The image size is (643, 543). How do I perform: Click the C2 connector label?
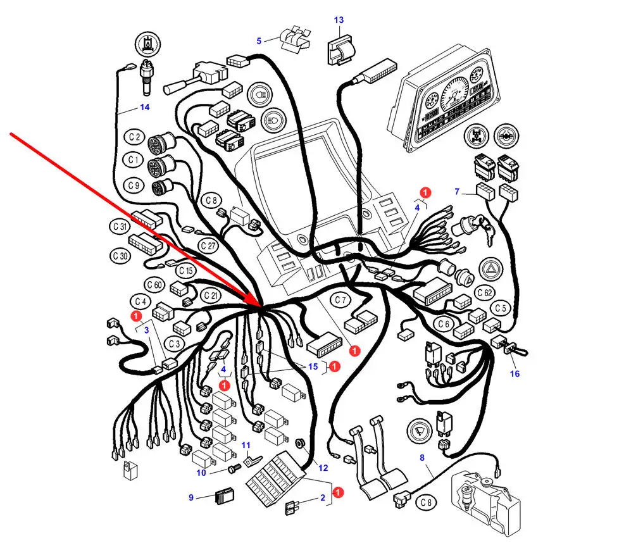pos(134,137)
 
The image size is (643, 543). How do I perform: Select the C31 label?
pos(120,226)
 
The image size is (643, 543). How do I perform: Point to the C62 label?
pos(485,292)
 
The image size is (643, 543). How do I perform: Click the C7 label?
pos(341,299)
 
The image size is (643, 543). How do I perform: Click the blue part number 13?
pos(339,20)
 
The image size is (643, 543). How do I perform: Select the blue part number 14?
pos(145,107)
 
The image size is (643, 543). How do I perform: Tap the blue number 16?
pos(515,374)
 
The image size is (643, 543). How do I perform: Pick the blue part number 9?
pos(191,497)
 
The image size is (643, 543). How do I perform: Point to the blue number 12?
pos(323,468)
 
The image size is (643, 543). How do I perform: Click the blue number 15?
pos(313,366)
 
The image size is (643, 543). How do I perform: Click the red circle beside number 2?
pos(339,492)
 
